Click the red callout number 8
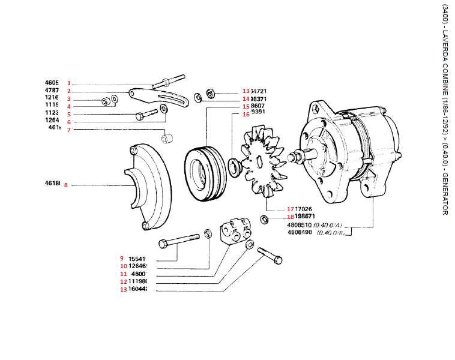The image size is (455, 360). (66, 185)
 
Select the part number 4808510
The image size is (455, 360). (300, 226)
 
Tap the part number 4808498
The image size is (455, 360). (300, 232)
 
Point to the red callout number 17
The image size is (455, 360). (290, 209)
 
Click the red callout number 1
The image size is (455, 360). (69, 83)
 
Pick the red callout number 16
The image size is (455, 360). (246, 114)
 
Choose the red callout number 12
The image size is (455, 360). (124, 281)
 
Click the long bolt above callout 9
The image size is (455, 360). (180, 243)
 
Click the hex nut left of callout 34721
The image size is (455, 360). (211, 93)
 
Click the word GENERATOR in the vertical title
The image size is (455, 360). (444, 194)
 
